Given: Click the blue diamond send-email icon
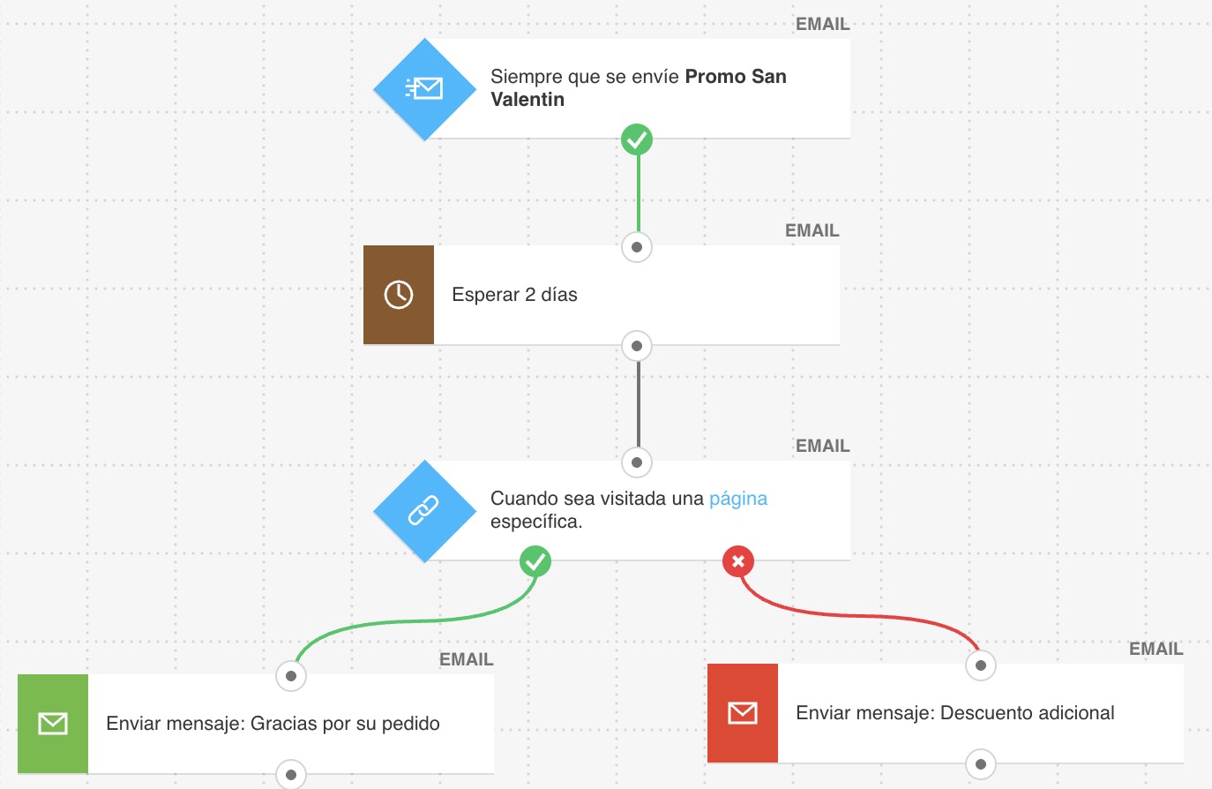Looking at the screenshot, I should point(424,89).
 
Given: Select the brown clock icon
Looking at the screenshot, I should point(399,295).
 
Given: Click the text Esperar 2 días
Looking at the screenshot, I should point(514,295).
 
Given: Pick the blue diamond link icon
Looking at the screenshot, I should point(424,511).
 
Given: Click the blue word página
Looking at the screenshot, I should point(737,499).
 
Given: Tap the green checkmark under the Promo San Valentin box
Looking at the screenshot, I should point(637,139).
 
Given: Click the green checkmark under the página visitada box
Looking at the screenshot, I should point(535,561).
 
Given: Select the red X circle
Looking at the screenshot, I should point(738,561).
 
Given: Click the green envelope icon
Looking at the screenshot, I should point(53,724).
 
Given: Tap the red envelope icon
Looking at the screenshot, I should point(743,713).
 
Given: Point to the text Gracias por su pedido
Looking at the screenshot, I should point(345,724).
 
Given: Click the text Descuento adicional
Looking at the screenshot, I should point(1027,713).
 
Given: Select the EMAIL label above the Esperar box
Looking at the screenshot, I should point(812,230).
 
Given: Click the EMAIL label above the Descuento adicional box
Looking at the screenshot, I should point(1156,649).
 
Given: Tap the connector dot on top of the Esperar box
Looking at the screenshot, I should point(637,247).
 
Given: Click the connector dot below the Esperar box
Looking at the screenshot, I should point(637,346).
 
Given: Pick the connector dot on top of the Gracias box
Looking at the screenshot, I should point(291,676).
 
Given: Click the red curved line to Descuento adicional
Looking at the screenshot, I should point(864,615).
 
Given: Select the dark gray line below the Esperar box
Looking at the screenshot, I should point(638,404).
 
